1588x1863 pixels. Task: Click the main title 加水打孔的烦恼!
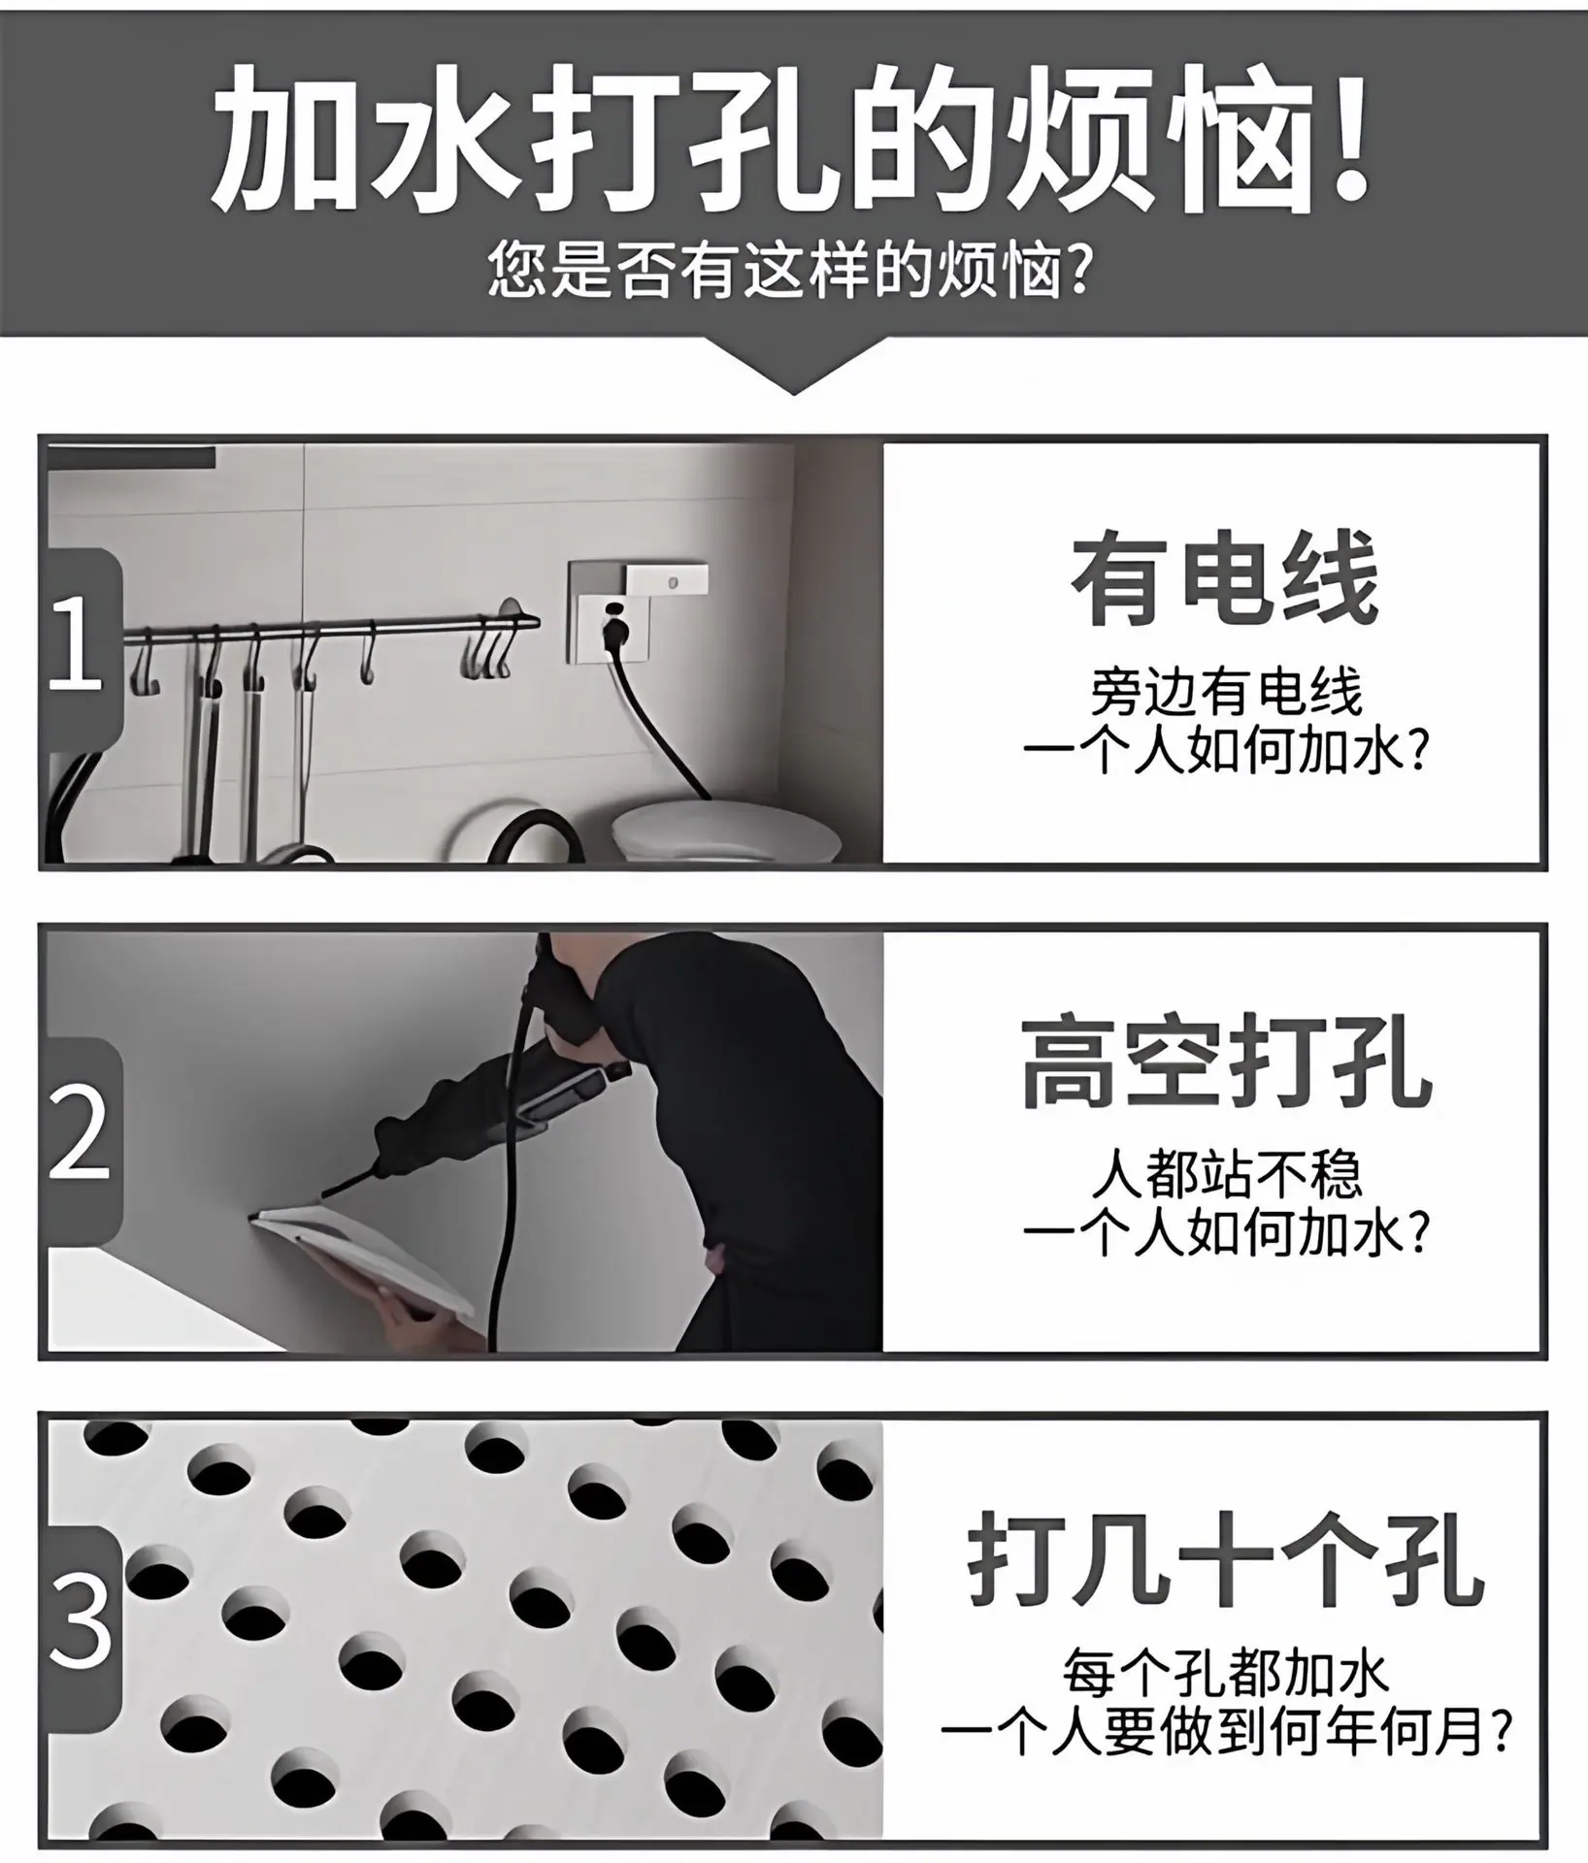[792, 138]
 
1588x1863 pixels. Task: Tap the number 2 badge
[83, 1131]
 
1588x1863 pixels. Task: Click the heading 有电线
[1225, 578]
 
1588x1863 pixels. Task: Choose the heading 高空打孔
[1225, 1063]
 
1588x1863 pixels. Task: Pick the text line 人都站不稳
[1226, 1175]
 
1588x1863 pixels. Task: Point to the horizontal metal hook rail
[330, 628]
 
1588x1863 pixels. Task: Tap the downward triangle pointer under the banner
[794, 367]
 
